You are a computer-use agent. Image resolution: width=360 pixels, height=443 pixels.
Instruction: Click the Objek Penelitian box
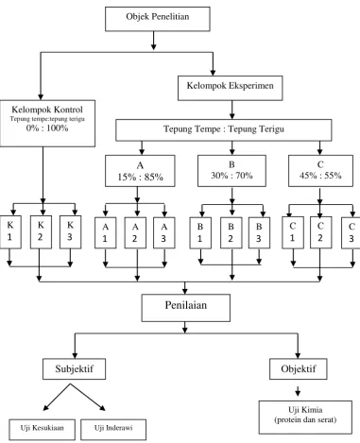pyautogui.click(x=158, y=19)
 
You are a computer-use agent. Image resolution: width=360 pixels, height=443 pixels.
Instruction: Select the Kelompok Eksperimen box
pyautogui.click(x=231, y=88)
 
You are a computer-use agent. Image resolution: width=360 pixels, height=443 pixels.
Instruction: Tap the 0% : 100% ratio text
pyautogui.click(x=47, y=128)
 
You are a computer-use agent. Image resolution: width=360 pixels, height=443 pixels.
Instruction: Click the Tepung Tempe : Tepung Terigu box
pyautogui.click(x=224, y=129)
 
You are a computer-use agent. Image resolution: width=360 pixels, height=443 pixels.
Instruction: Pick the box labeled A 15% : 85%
pyautogui.click(x=140, y=171)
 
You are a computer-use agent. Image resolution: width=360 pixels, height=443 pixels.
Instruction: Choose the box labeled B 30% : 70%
pyautogui.click(x=231, y=171)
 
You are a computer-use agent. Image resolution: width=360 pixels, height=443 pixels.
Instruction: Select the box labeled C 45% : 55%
pyautogui.click(x=320, y=171)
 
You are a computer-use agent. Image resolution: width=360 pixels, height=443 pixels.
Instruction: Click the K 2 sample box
pyautogui.click(x=41, y=232)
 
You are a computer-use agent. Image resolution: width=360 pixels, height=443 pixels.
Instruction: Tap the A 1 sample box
pyautogui.click(x=106, y=233)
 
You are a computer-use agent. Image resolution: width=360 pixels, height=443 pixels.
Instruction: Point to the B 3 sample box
pyautogui.click(x=259, y=233)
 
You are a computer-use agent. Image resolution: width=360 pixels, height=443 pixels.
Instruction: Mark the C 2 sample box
pyautogui.click(x=320, y=232)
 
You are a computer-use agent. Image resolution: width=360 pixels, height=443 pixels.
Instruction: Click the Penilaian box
pyautogui.click(x=186, y=308)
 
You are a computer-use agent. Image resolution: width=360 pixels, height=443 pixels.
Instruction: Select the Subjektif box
pyautogui.click(x=75, y=368)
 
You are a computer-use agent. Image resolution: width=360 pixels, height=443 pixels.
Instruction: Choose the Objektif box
pyautogui.click(x=299, y=368)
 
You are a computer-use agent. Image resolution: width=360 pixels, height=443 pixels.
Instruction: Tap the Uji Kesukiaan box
pyautogui.click(x=43, y=430)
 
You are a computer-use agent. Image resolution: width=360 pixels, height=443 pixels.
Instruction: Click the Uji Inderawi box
pyautogui.click(x=113, y=430)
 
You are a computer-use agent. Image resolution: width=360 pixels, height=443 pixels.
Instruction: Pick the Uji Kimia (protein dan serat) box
pyautogui.click(x=305, y=417)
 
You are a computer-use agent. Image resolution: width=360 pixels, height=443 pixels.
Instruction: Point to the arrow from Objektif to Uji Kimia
pyautogui.click(x=298, y=391)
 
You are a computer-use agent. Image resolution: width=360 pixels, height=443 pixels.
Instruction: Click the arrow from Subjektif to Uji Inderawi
pyautogui.click(x=88, y=397)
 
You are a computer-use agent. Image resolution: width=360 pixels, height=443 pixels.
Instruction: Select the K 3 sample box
pyautogui.click(x=71, y=232)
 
